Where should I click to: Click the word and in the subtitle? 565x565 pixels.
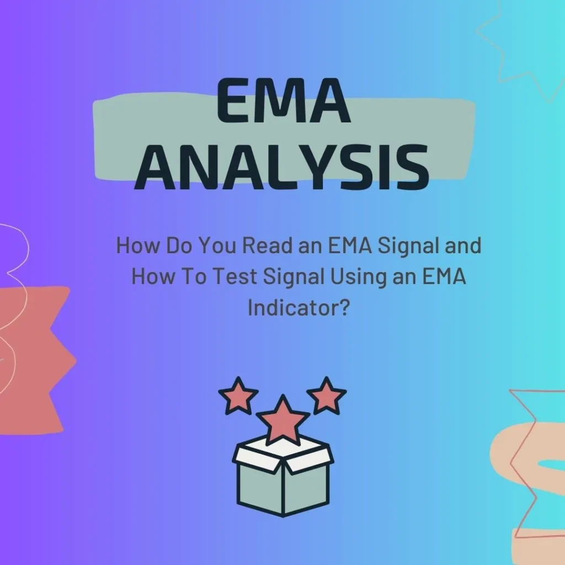pyautogui.click(x=462, y=246)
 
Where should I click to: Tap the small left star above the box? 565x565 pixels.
pyautogui.click(x=238, y=395)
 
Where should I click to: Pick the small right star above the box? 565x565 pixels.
pyautogui.click(x=326, y=395)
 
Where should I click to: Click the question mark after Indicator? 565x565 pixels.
pyautogui.click(x=344, y=308)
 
